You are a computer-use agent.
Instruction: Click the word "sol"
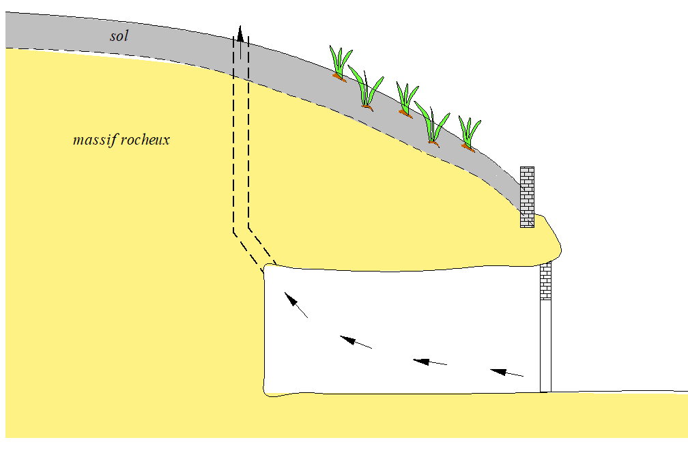[x=119, y=35]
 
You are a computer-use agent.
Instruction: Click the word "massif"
[x=96, y=141]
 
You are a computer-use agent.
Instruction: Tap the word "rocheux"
[x=145, y=141]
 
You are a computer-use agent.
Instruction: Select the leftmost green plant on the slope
[x=340, y=63]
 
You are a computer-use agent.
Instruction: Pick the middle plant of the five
[x=407, y=100]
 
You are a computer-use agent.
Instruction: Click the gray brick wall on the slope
[x=527, y=196]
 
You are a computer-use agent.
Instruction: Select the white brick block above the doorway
[x=545, y=281]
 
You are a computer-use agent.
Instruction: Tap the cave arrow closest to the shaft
[x=296, y=305]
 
